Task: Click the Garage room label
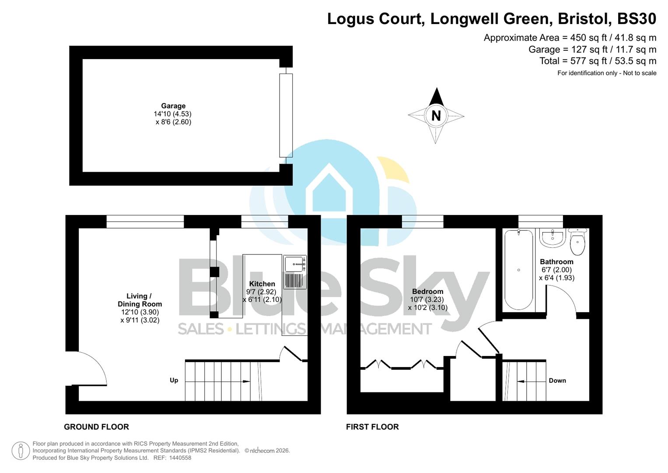173,106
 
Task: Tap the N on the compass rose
436,116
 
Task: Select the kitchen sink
295,264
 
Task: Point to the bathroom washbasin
553,238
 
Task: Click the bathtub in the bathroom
518,270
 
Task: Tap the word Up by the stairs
174,380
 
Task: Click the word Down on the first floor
557,381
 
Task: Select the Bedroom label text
427,291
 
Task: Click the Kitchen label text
262,284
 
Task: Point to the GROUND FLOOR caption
96,427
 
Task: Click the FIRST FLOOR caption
372,427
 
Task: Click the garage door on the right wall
286,115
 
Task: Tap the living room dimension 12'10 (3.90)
140,312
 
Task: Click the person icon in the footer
21,451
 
